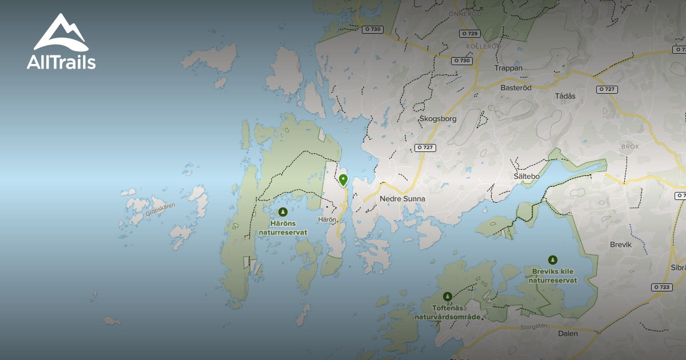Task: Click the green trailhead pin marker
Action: (x=343, y=180)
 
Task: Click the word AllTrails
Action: (x=61, y=62)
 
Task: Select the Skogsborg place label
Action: (x=438, y=119)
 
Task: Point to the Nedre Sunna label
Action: (x=402, y=199)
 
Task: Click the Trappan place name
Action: (x=508, y=68)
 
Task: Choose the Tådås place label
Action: (x=565, y=96)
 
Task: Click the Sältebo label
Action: (x=527, y=177)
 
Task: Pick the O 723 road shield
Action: (x=661, y=287)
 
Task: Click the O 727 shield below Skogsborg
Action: (x=425, y=147)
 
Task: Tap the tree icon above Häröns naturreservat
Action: (x=282, y=212)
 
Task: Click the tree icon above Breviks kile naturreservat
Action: (x=552, y=260)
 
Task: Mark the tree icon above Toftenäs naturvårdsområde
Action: (x=447, y=296)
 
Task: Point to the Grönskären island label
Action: (x=160, y=210)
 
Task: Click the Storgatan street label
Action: (x=535, y=327)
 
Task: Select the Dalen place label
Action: (x=568, y=333)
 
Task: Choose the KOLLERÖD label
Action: (x=484, y=46)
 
